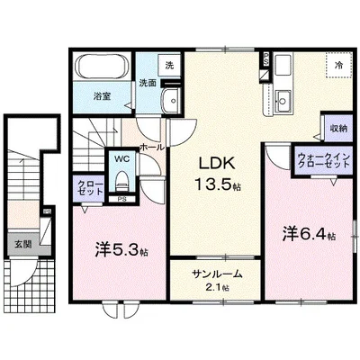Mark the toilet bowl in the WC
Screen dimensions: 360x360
pyautogui.click(x=122, y=183)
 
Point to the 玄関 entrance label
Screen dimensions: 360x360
pyautogui.click(x=22, y=243)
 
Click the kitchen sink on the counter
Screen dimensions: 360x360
pyautogui.click(x=283, y=97)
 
